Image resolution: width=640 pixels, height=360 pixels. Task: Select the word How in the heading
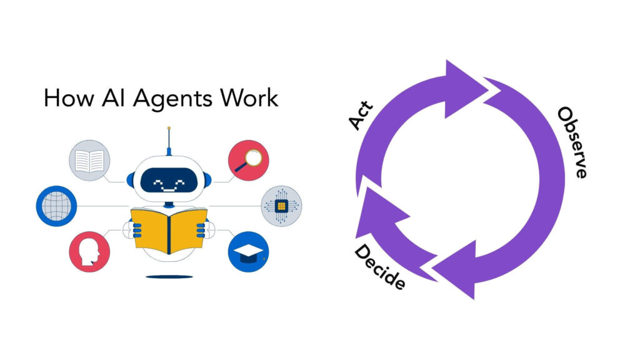tap(65, 99)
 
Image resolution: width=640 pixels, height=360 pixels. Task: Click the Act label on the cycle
tap(361, 116)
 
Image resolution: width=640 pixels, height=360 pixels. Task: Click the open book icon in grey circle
tap(89, 161)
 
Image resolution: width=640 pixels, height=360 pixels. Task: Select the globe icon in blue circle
tap(56, 206)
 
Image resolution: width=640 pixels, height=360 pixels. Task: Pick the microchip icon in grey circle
tap(281, 206)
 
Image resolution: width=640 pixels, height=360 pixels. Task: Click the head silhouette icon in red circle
tap(89, 251)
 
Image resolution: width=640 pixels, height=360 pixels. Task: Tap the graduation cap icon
tap(248, 251)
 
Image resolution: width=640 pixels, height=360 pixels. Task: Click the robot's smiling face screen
tap(169, 182)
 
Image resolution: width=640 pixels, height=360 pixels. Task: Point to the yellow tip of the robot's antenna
tap(169, 129)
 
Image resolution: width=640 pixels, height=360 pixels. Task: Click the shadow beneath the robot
tap(169, 276)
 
